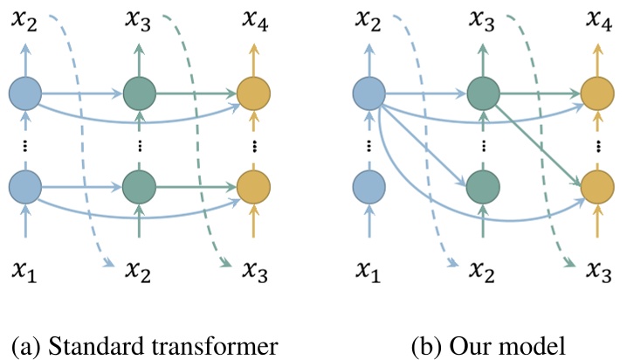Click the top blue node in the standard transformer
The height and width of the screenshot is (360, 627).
pos(25,93)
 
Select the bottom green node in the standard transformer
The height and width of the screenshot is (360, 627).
pos(139,187)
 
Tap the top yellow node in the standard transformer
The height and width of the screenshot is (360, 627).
pos(253,93)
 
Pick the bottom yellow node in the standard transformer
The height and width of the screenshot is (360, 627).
pos(253,187)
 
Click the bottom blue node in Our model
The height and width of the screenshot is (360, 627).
pos(369,187)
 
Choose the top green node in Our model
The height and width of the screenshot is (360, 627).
pos(483,93)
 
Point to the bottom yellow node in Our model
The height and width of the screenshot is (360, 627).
pos(597,187)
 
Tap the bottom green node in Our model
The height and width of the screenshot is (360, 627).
pos(483,187)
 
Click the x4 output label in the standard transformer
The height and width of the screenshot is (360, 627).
pos(255,21)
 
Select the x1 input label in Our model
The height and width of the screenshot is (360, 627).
pos(369,272)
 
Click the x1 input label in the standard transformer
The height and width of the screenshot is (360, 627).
pos(24,272)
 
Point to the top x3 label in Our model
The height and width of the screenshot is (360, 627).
pos(482,21)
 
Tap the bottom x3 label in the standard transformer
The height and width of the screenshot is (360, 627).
pos(255,272)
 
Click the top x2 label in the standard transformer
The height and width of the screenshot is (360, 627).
pos(24,21)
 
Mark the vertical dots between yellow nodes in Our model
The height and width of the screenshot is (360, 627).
pos(598,147)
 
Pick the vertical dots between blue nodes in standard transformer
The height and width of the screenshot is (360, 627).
pos(25,147)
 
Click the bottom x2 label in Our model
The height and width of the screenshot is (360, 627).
pos(482,272)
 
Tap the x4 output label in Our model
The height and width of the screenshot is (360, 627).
pos(599,21)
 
